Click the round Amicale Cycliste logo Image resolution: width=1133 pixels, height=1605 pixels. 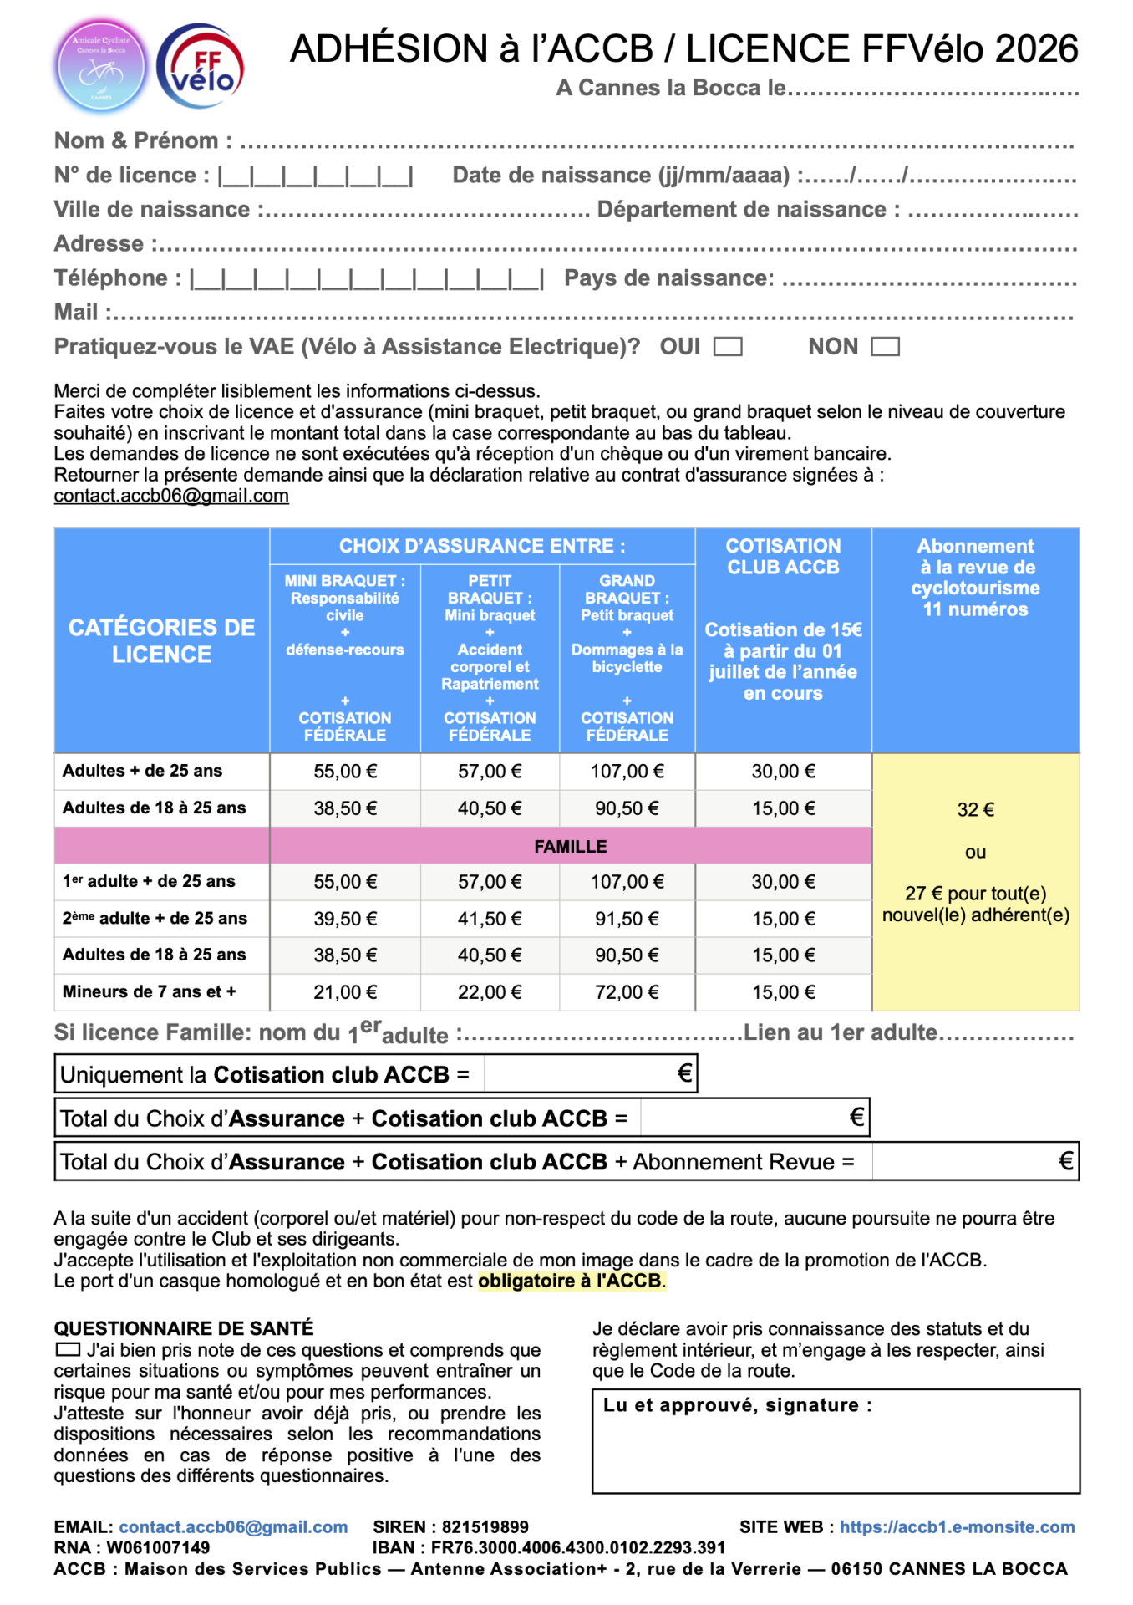[101, 67]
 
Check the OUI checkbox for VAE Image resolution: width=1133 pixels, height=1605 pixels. [728, 347]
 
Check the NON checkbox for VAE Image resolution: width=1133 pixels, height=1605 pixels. [885, 347]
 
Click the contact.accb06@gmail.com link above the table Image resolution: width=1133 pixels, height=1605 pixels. [171, 496]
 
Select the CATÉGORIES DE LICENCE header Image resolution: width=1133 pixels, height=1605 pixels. [161, 641]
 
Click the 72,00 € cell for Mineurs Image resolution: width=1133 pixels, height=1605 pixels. [627, 992]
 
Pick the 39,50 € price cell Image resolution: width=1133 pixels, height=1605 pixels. [345, 919]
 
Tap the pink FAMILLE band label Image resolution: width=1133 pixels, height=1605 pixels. [571, 847]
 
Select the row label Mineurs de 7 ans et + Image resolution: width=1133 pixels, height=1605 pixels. [150, 992]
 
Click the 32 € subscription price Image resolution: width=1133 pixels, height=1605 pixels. [975, 809]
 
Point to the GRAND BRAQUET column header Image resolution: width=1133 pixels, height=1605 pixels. [627, 589]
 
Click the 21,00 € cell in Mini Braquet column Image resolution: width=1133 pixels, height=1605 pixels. [345, 992]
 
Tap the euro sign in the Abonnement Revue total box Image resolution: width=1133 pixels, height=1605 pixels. [1065, 1161]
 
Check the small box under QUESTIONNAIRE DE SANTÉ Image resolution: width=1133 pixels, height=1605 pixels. [68, 1349]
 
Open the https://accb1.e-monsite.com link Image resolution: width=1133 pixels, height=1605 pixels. [957, 1527]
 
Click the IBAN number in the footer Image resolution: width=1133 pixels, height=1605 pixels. [578, 1548]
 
